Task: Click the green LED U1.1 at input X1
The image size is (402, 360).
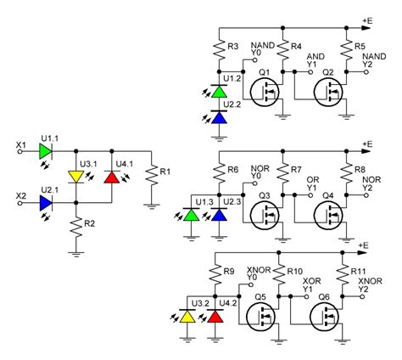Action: click(44, 152)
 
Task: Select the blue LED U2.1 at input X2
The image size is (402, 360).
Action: click(44, 203)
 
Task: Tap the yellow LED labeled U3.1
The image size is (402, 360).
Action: click(76, 177)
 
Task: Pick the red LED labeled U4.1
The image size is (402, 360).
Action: click(110, 177)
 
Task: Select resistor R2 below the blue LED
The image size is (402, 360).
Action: click(76, 228)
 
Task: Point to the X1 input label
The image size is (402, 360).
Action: click(21, 145)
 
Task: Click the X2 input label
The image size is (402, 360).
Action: click(21, 196)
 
